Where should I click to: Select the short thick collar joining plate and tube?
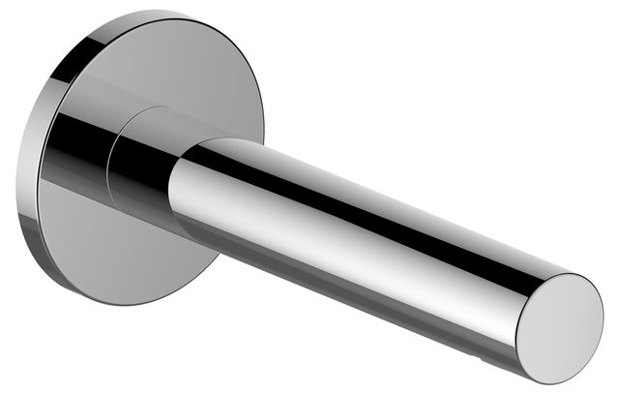[x=145, y=165]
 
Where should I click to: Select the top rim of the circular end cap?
[x=575, y=276]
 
